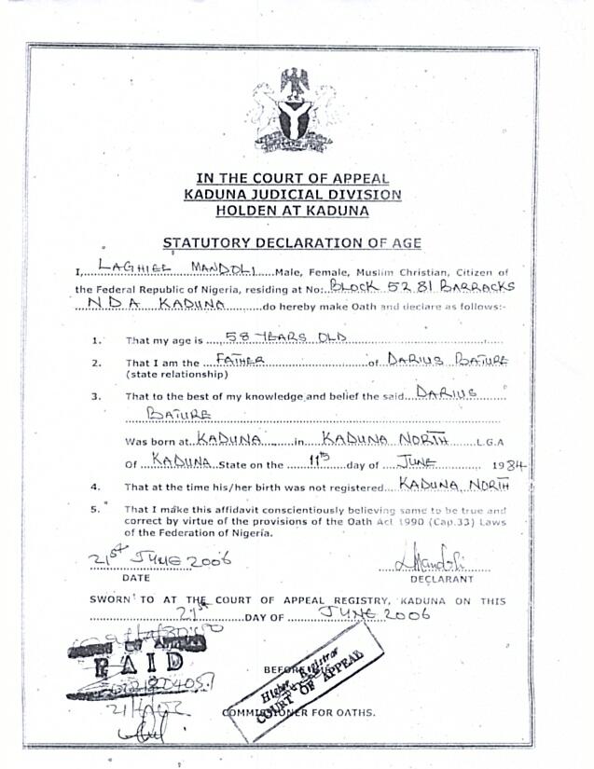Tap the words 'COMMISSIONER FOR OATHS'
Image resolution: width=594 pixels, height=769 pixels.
point(299,713)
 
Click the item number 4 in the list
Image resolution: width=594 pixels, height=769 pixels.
point(95,487)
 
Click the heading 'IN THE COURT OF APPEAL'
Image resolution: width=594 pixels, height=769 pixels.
point(294,179)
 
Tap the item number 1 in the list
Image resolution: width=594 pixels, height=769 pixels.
point(97,341)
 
